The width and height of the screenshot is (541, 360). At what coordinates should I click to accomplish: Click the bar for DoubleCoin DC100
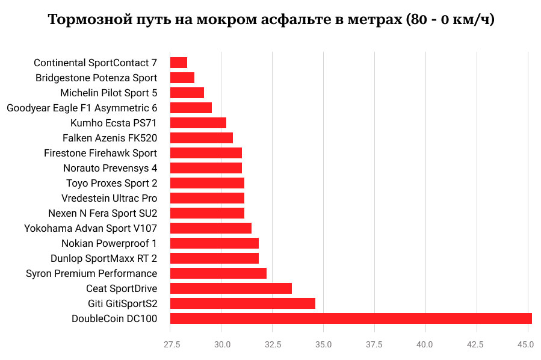click(351, 318)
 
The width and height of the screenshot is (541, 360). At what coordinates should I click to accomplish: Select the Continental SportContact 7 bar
click(179, 63)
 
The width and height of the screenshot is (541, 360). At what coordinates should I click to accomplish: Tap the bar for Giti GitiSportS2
click(243, 303)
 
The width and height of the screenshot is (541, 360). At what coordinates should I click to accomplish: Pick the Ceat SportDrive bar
click(231, 288)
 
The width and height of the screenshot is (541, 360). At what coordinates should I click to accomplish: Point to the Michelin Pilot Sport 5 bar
click(187, 93)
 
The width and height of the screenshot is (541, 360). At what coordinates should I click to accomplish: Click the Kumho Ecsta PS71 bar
click(198, 123)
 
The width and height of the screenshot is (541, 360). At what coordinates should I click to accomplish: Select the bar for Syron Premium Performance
click(218, 273)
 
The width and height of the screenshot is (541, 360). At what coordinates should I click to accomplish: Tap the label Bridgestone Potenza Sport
click(96, 78)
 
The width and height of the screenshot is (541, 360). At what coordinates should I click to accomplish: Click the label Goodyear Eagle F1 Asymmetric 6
click(82, 108)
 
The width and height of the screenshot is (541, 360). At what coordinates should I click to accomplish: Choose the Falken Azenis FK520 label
click(110, 138)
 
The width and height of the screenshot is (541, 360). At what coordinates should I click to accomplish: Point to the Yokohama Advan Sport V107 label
click(90, 228)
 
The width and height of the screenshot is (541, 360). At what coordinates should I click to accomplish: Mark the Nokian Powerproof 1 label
click(109, 243)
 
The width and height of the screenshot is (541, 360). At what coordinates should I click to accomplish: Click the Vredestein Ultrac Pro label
click(109, 198)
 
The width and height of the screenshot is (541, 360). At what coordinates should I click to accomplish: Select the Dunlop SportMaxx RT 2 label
click(104, 258)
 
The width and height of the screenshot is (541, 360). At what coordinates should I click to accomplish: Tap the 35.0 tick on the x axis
click(324, 345)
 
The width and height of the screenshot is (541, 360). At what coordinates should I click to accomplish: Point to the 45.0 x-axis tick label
click(526, 345)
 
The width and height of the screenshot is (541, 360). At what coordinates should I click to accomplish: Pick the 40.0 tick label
click(425, 345)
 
